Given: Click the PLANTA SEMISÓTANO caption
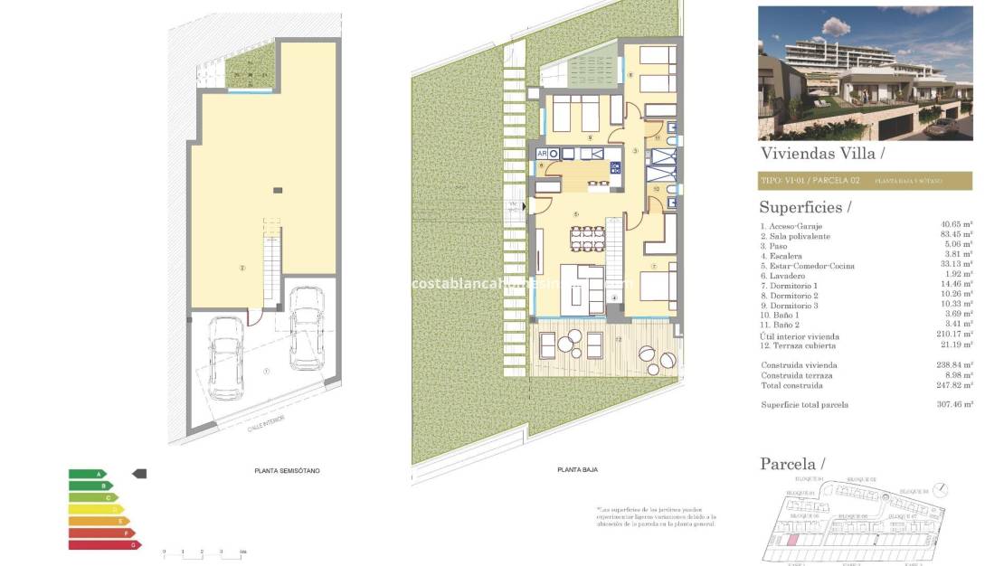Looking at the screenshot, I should click(287, 471).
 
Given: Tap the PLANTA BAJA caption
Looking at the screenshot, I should click(577, 469).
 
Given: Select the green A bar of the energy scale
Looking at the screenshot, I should click(87, 474).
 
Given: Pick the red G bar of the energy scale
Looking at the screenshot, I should click(105, 544).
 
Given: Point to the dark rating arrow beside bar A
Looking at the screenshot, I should click(139, 473).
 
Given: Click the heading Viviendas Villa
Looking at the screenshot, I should click(816, 154).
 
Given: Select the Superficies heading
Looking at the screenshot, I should click(805, 207).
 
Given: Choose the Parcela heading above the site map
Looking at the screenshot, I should click(791, 464).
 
